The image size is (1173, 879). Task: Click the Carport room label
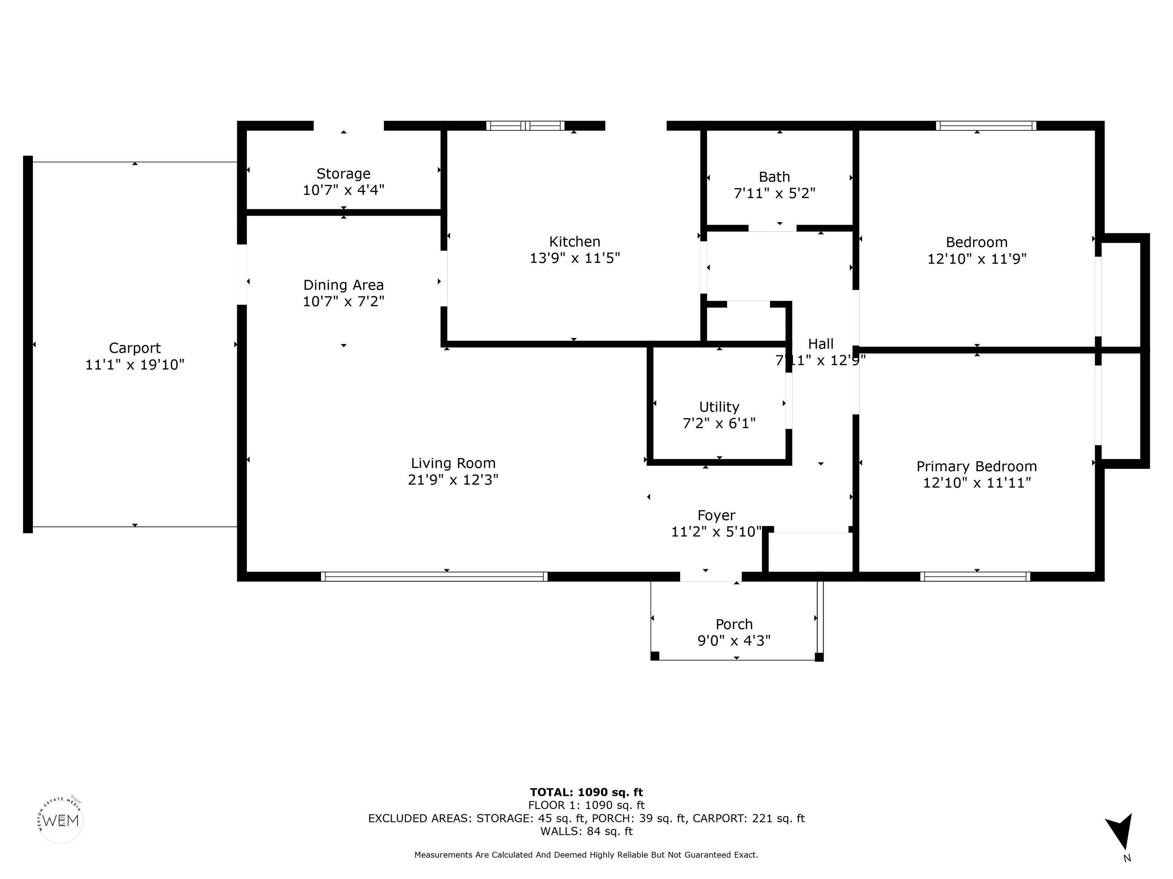pos(135,348)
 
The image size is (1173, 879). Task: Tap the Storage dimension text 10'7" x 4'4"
pos(344,190)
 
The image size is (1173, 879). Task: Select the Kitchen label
pos(575,241)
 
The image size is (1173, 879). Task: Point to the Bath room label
pos(774,177)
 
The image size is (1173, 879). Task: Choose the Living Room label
pos(453,464)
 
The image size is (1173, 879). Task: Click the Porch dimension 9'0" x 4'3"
pos(734,641)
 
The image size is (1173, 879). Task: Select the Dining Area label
pos(344,285)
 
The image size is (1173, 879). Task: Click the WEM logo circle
pos(61,821)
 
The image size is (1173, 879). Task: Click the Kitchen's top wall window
pos(525,126)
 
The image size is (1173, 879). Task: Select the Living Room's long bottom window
pos(434,577)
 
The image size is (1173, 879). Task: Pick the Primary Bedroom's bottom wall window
pos(976,577)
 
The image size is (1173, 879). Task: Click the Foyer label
pos(716,515)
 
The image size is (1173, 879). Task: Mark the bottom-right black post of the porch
pos(819,657)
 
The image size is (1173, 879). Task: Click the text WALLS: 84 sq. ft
pos(586,831)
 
